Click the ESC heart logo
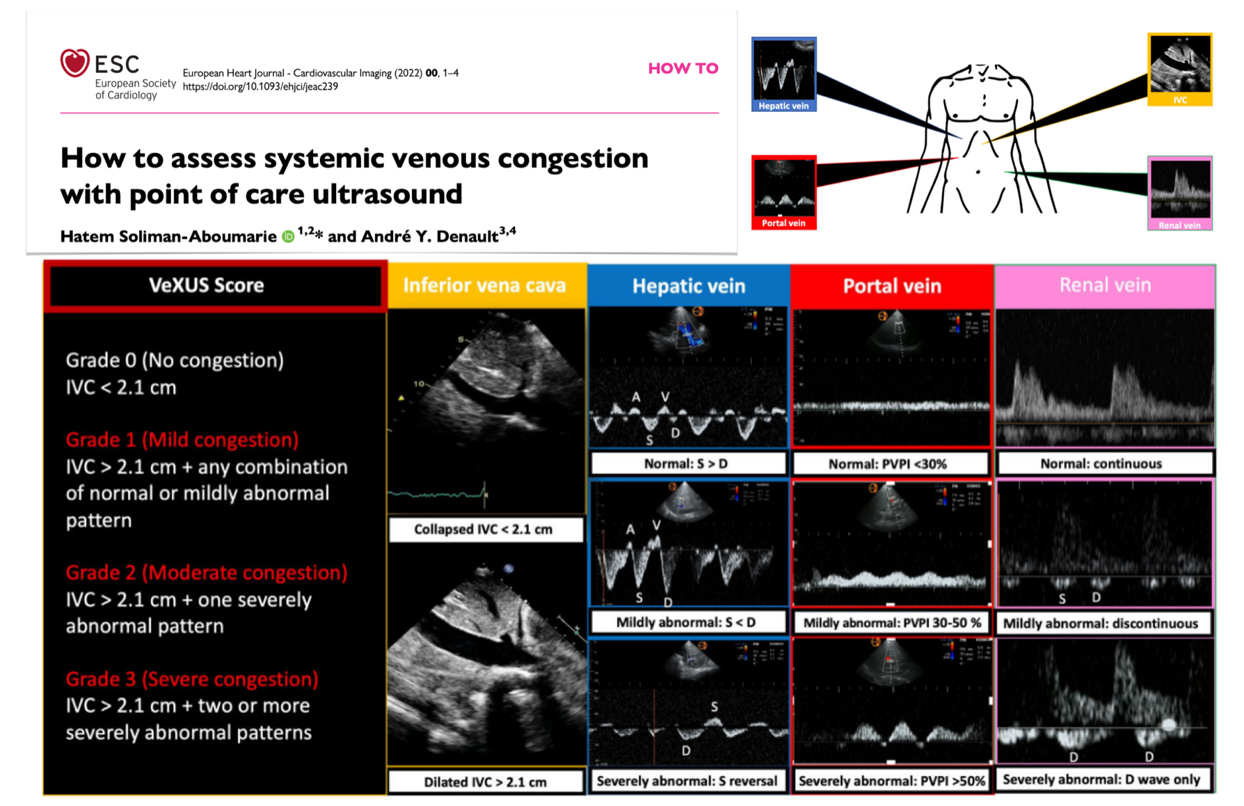[74, 63]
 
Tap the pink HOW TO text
[683, 68]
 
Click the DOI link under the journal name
[260, 86]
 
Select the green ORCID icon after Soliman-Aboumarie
[288, 236]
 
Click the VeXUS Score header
[207, 285]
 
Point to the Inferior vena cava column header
[484, 285]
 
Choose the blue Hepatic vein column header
[688, 286]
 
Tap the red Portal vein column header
[892, 286]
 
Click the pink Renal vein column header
[1105, 285]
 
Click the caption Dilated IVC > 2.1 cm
[485, 782]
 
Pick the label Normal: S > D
[687, 463]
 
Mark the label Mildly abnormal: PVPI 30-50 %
[892, 622]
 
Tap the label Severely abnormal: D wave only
[1101, 780]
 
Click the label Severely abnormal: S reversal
[687, 781]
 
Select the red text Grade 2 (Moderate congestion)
[207, 572]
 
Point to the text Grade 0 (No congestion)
[175, 360]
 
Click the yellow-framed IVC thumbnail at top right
[1179, 68]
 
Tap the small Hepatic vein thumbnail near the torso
[783, 74]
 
